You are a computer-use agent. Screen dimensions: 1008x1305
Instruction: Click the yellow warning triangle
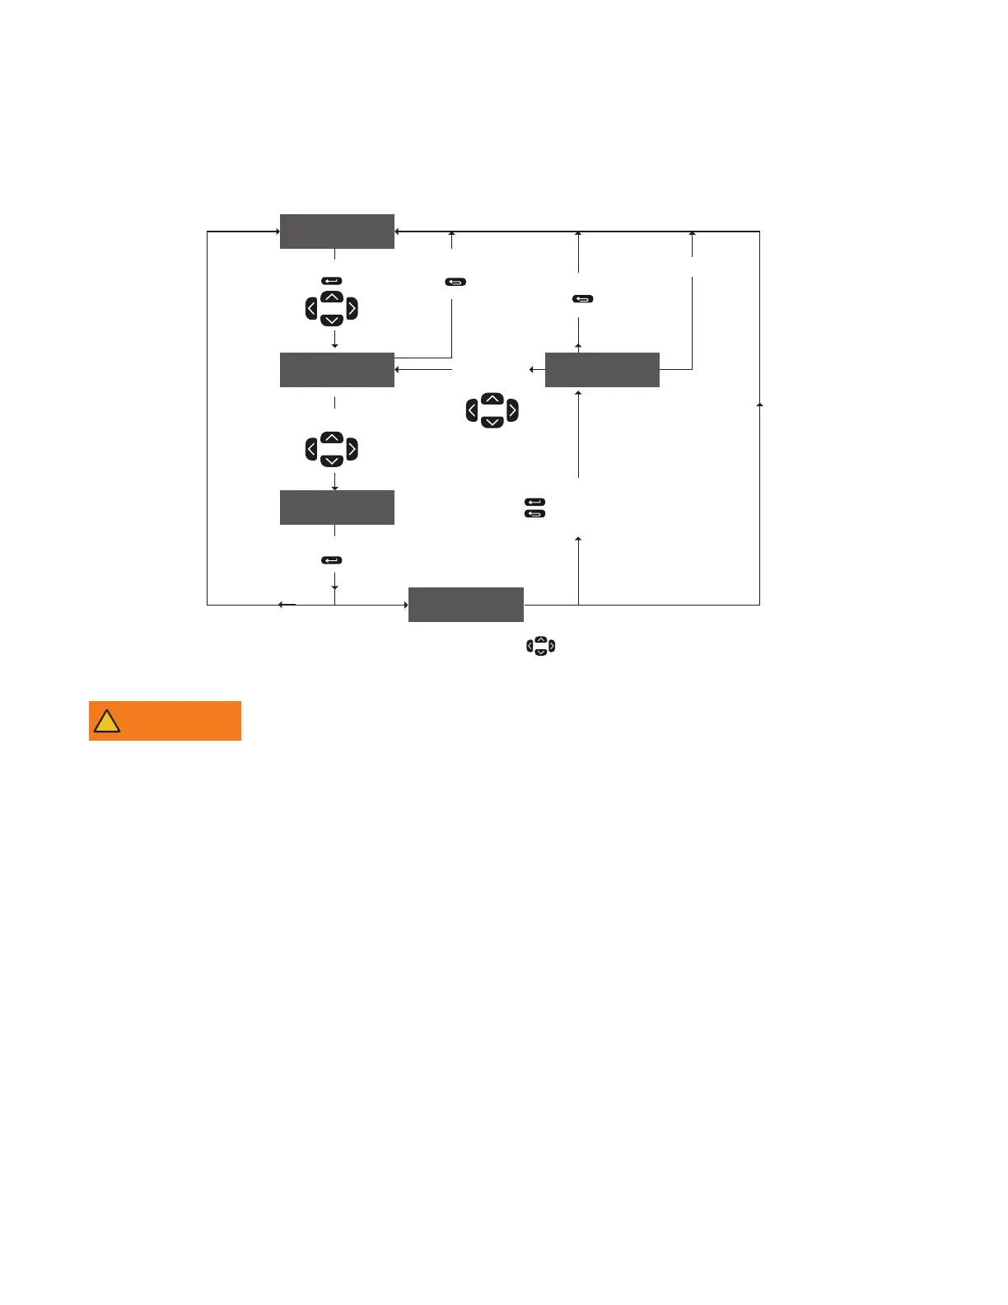(107, 722)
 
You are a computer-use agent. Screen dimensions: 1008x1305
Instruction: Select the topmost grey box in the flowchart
(337, 232)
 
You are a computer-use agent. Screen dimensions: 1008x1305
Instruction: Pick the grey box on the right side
(602, 370)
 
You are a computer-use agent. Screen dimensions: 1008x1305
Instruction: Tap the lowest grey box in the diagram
(466, 605)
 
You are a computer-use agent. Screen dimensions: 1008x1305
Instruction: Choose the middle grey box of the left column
(337, 370)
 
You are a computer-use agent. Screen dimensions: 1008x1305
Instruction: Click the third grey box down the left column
(337, 507)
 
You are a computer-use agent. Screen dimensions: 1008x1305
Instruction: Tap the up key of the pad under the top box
(331, 297)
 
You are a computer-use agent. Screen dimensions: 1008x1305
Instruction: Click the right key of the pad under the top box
(352, 309)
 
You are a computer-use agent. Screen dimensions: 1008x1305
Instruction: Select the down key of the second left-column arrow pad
(331, 461)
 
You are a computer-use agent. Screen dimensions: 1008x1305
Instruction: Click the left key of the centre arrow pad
(472, 410)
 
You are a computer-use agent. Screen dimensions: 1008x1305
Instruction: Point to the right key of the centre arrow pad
(512, 410)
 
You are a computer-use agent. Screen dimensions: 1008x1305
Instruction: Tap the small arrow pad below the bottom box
(540, 647)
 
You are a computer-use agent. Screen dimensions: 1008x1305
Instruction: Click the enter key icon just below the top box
(331, 281)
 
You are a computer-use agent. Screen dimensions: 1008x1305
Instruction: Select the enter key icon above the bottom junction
(331, 560)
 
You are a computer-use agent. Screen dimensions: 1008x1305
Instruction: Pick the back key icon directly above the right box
(582, 299)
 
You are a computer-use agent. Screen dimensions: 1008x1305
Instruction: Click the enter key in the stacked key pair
(534, 502)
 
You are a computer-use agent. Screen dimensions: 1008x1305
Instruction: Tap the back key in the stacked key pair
(534, 514)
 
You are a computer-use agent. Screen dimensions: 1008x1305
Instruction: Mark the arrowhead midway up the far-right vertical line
(759, 405)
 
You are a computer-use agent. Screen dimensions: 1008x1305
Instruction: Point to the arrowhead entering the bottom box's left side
(406, 605)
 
